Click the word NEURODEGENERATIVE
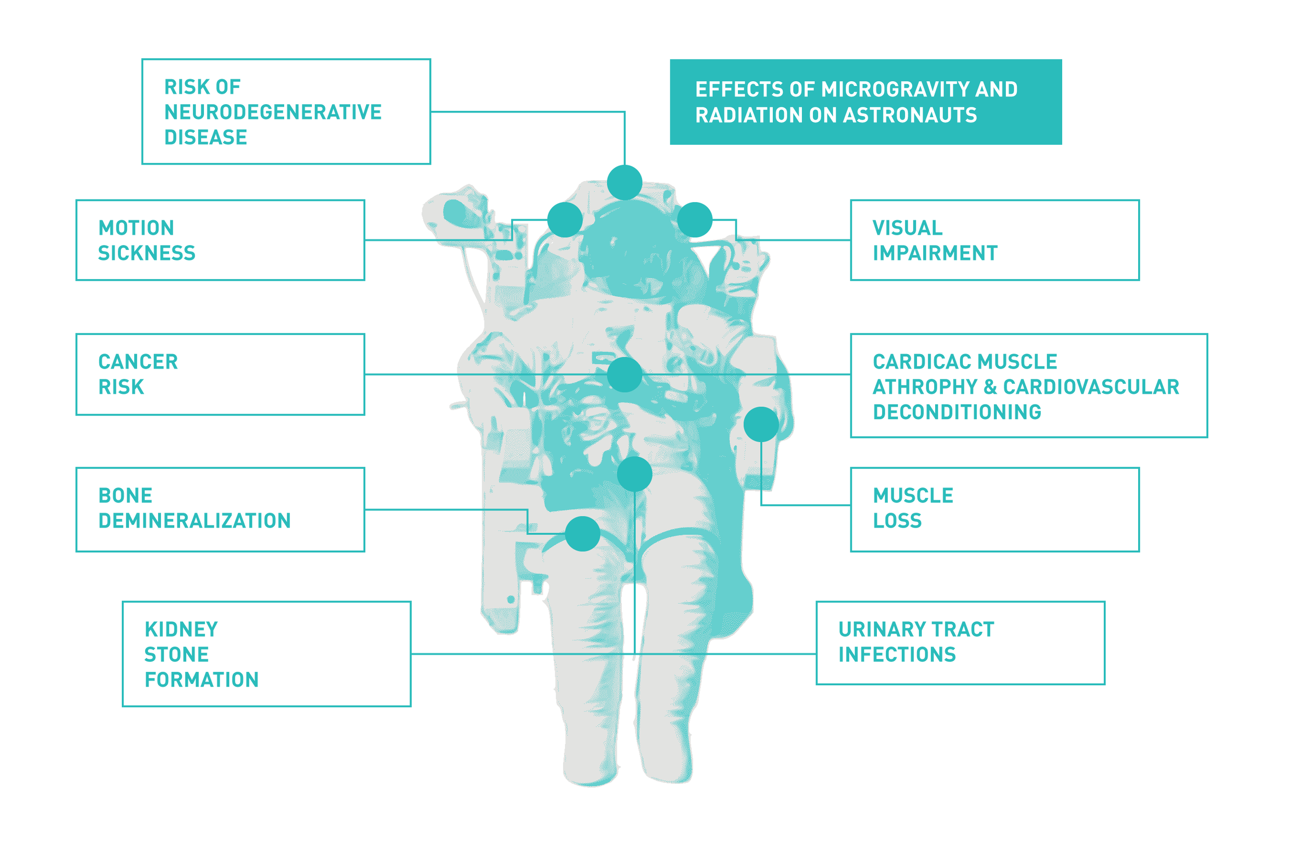(272, 112)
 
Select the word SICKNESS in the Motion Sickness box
(147, 253)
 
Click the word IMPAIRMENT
(935, 253)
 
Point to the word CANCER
(138, 362)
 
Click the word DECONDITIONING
(956, 412)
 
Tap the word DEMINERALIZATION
(194, 521)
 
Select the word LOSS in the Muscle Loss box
(897, 521)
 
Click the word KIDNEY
(181, 630)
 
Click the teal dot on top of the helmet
(624, 183)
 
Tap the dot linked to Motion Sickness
(565, 220)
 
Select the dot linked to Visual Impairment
(695, 220)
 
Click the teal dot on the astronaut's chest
(624, 374)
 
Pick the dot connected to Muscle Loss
(761, 424)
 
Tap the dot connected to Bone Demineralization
(582, 533)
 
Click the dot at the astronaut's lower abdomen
(634, 474)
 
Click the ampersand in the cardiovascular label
(990, 387)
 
